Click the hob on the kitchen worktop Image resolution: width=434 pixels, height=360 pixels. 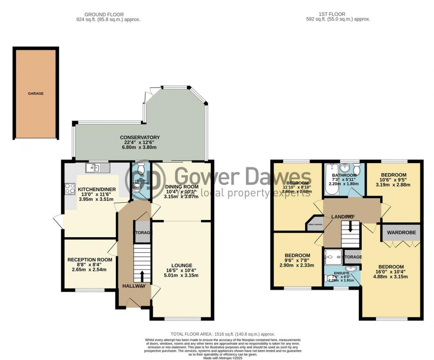pyautogui.click(x=70, y=188)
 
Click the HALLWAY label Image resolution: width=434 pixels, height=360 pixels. pyautogui.click(x=134, y=286)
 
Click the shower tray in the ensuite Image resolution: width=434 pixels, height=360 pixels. pyautogui.click(x=333, y=256)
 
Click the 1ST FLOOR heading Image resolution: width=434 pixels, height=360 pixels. pyautogui.click(x=338, y=14)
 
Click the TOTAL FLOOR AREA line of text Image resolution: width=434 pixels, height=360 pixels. pyautogui.click(x=223, y=334)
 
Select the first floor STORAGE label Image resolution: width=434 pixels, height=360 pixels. pyautogui.click(x=353, y=257)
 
